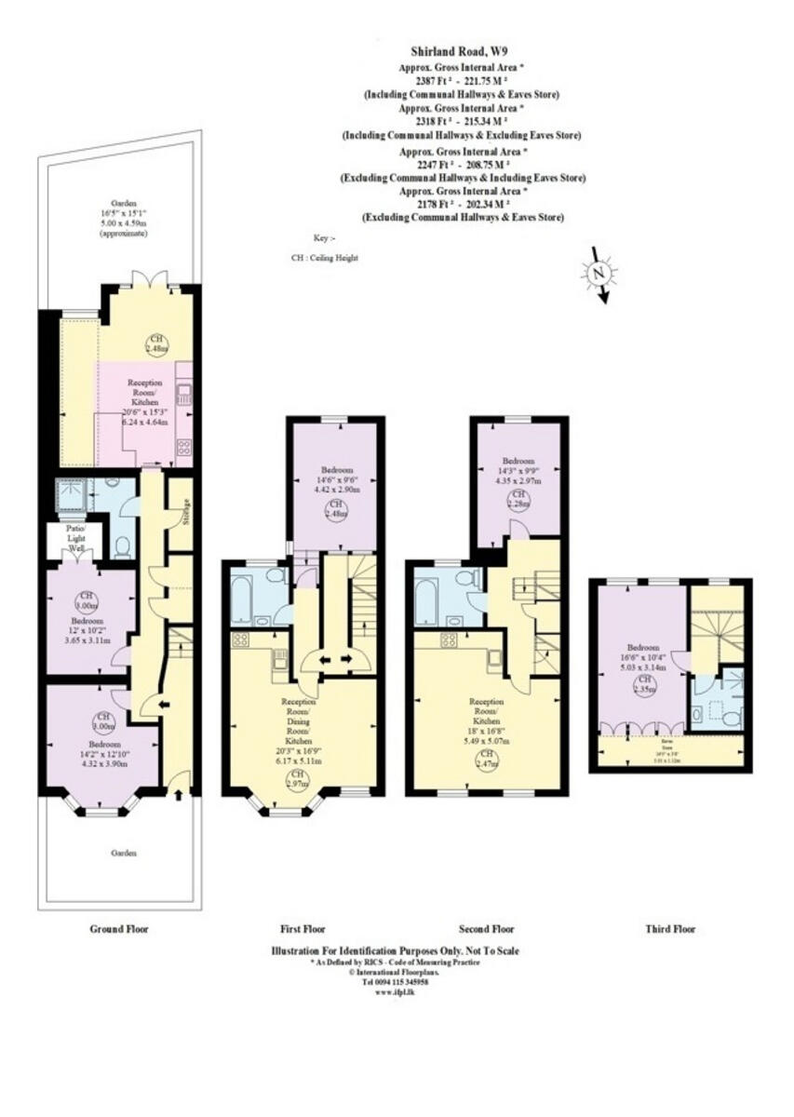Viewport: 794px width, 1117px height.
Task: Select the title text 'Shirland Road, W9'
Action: point(463,54)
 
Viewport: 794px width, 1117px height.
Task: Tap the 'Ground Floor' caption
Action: point(118,929)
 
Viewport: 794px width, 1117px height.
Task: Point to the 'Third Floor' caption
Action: point(669,929)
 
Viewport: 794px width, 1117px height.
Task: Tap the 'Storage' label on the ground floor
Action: point(184,513)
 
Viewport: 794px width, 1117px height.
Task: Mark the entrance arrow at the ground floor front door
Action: point(178,795)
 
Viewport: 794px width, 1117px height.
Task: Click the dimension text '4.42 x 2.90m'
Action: point(334,489)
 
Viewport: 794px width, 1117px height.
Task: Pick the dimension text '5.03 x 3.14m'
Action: point(641,667)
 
